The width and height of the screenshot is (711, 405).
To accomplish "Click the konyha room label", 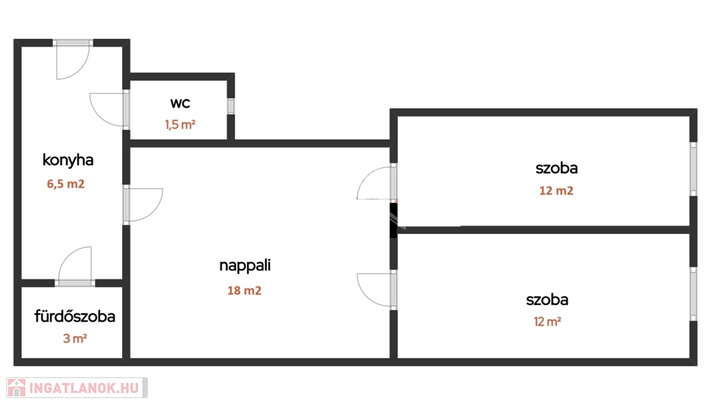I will (x=68, y=160).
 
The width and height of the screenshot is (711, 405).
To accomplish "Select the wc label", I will (x=180, y=104).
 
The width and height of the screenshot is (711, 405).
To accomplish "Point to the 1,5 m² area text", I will (x=180, y=125).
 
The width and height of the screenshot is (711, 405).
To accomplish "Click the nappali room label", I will (x=244, y=265).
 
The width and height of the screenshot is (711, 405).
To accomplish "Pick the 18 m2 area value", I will (x=244, y=290).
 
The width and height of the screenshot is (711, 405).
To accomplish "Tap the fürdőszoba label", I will (x=75, y=317).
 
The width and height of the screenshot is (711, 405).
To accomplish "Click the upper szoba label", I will (x=556, y=167).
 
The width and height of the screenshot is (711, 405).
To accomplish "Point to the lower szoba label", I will (x=547, y=300).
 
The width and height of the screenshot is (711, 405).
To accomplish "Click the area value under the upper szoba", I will (x=556, y=190).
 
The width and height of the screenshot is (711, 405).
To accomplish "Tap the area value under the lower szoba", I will (x=547, y=322).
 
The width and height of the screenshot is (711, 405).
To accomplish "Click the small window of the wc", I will (x=231, y=106).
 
